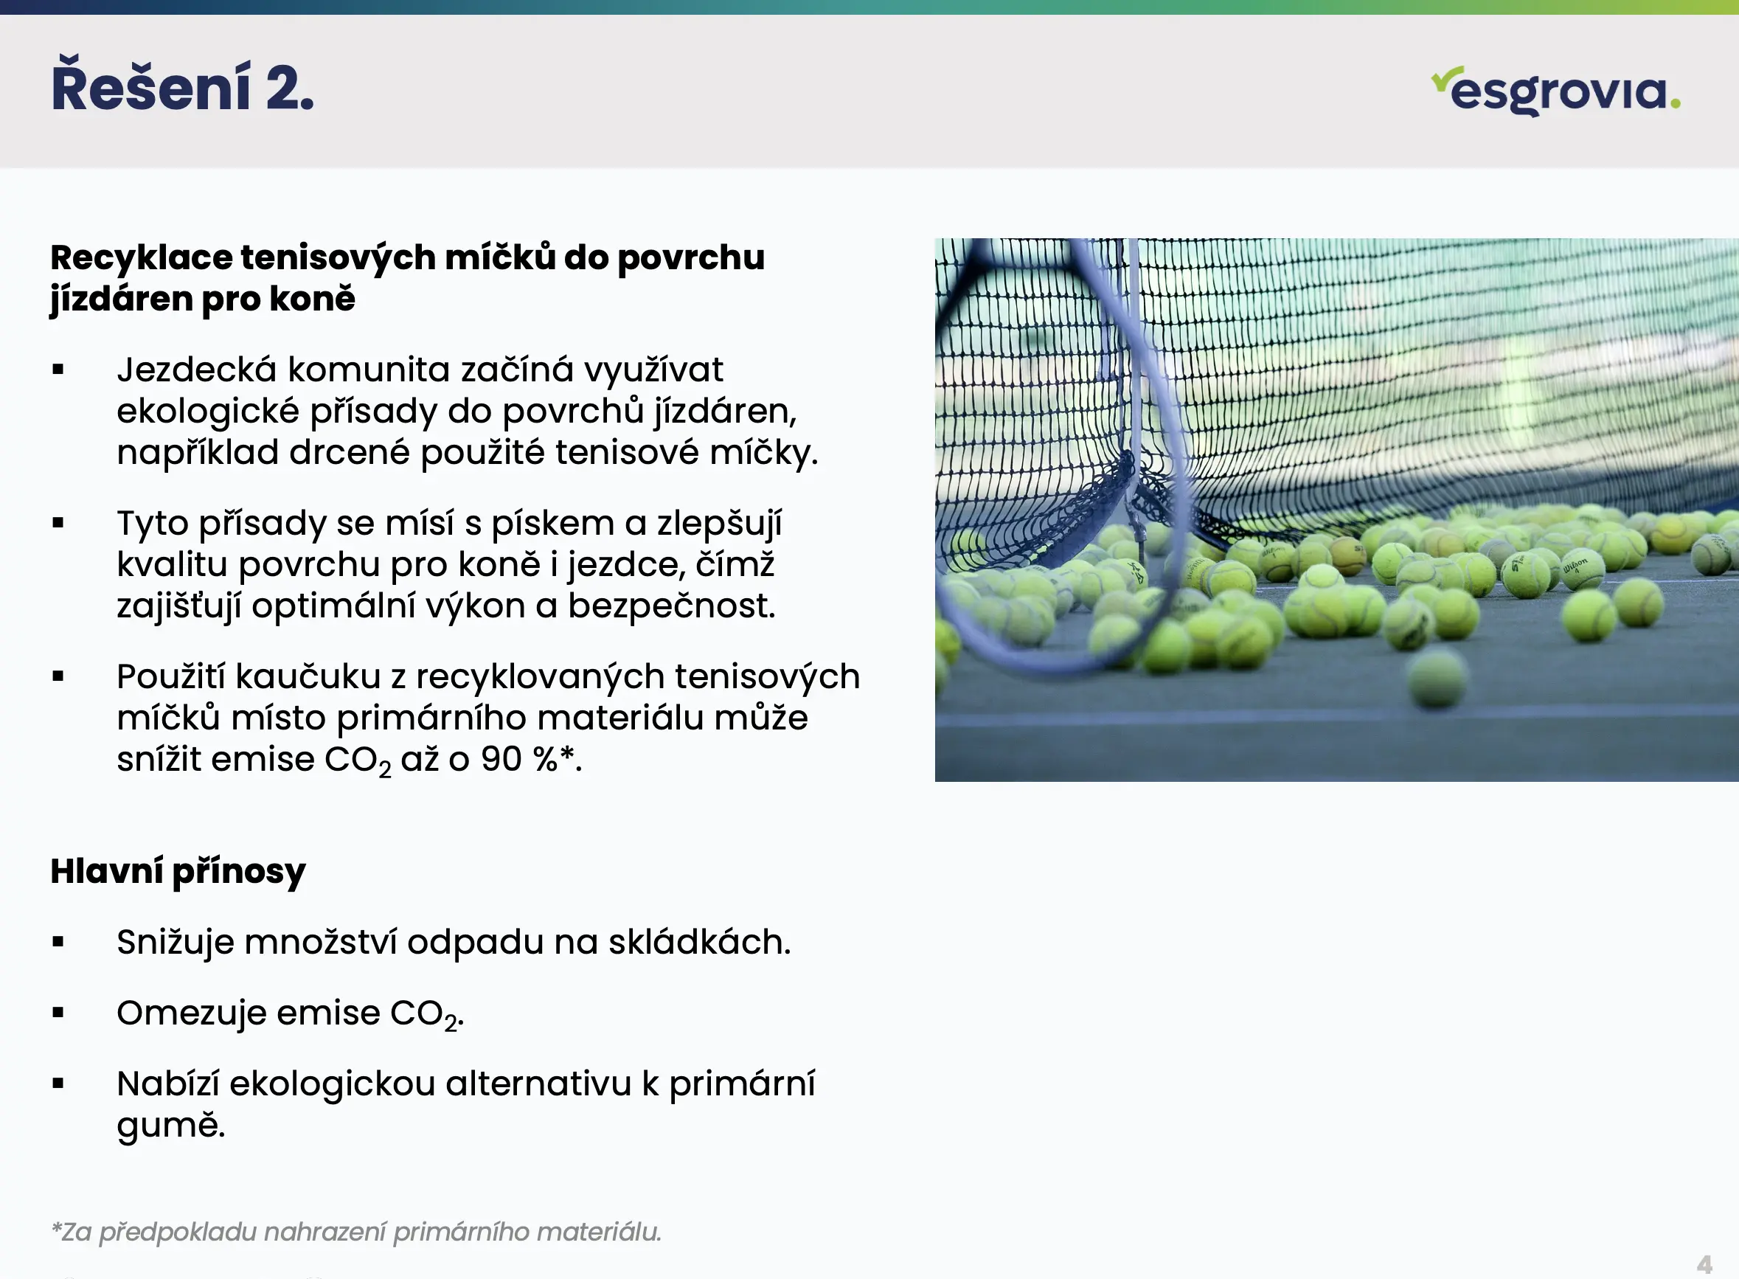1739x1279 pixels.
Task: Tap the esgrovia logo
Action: [1555, 91]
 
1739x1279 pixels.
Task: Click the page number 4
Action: [1704, 1264]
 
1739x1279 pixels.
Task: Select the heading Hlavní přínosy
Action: [178, 872]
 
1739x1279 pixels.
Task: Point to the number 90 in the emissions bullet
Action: [501, 759]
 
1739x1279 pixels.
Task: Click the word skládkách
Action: [700, 942]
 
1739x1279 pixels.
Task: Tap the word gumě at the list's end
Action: [171, 1125]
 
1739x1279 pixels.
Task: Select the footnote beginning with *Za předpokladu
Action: [357, 1232]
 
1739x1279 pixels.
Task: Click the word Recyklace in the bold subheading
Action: [141, 258]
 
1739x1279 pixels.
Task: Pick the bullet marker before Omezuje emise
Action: [58, 1013]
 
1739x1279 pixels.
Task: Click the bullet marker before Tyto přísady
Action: [58, 524]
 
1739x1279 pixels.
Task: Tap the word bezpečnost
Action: [671, 606]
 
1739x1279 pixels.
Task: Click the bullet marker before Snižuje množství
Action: [58, 942]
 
